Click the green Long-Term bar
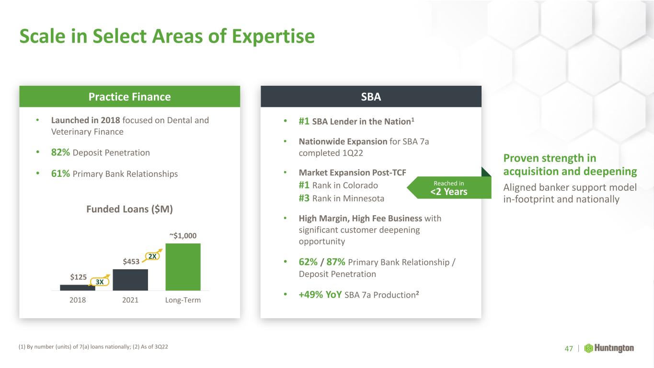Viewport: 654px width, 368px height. click(x=183, y=267)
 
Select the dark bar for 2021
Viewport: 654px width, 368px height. click(x=130, y=280)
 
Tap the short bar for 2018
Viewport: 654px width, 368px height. click(x=77, y=287)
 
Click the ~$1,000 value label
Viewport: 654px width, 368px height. click(x=183, y=236)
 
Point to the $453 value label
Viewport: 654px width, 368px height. click(x=131, y=262)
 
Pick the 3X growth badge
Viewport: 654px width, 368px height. click(x=100, y=282)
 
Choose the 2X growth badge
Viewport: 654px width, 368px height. click(x=152, y=256)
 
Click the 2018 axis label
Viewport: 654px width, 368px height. click(x=78, y=300)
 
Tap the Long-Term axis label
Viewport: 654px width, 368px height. click(x=183, y=300)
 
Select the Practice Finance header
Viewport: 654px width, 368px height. click(x=130, y=97)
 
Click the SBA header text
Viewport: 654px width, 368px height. click(x=371, y=97)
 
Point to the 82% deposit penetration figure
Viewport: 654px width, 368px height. click(x=60, y=152)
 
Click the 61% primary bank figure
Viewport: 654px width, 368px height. click(x=60, y=173)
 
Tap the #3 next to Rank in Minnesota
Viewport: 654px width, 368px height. click(x=304, y=198)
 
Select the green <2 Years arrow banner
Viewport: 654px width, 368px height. click(x=449, y=187)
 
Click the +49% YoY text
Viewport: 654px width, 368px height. click(x=320, y=295)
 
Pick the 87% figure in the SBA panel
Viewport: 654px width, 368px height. click(x=336, y=262)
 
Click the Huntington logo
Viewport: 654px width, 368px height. click(x=609, y=348)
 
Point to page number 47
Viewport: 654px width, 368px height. click(x=569, y=349)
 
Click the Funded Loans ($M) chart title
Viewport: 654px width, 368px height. click(x=130, y=209)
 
